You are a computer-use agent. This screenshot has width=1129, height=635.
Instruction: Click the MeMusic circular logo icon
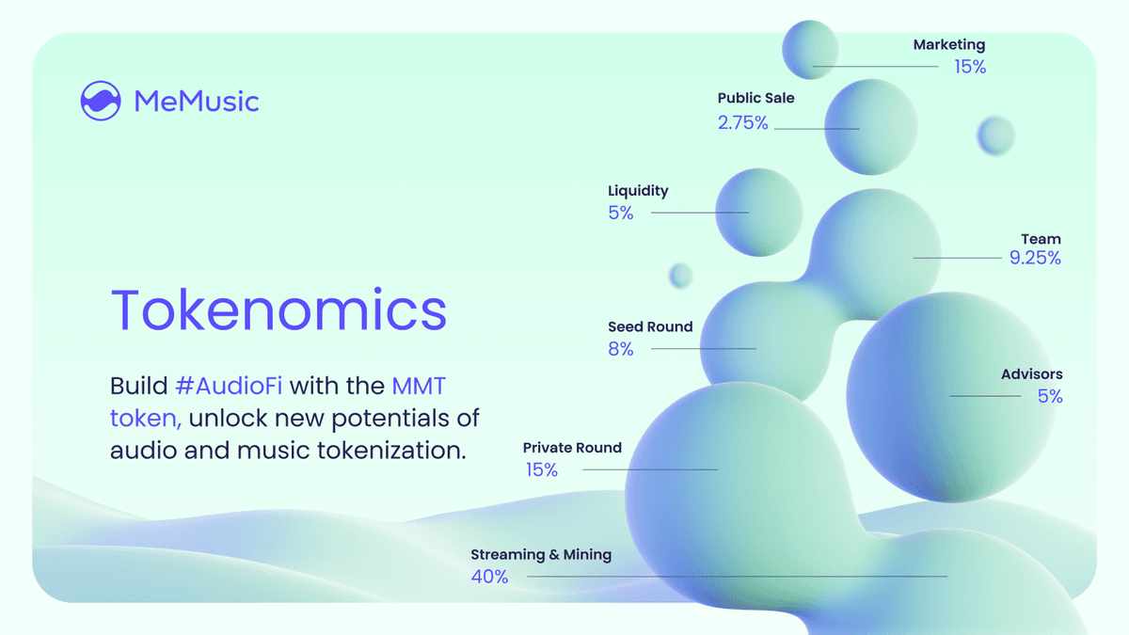click(101, 101)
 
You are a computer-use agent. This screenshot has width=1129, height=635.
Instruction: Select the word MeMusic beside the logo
click(196, 101)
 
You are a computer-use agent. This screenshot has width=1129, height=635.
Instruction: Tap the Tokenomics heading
click(278, 309)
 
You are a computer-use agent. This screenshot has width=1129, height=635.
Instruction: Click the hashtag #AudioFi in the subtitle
click(229, 386)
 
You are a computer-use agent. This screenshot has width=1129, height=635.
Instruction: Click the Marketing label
click(948, 44)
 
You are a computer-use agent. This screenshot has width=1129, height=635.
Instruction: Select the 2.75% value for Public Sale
click(742, 122)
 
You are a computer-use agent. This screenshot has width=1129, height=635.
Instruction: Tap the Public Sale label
click(755, 98)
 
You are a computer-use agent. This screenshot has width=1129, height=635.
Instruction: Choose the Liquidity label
click(638, 191)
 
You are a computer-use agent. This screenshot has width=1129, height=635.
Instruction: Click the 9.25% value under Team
click(1035, 258)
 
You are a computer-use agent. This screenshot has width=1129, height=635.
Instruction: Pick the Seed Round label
click(650, 327)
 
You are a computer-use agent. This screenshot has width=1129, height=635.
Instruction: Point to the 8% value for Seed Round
click(621, 350)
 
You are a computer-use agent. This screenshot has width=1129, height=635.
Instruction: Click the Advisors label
click(1031, 375)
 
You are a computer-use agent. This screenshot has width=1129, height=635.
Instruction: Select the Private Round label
click(572, 448)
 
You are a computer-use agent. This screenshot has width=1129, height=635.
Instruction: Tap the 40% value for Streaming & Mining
click(489, 577)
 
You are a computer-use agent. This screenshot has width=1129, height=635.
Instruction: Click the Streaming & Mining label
click(541, 555)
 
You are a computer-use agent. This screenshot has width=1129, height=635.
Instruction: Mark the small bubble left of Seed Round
click(680, 276)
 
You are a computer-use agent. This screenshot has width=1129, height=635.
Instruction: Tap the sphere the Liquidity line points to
click(758, 213)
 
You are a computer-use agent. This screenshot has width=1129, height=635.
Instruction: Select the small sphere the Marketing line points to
click(809, 50)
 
